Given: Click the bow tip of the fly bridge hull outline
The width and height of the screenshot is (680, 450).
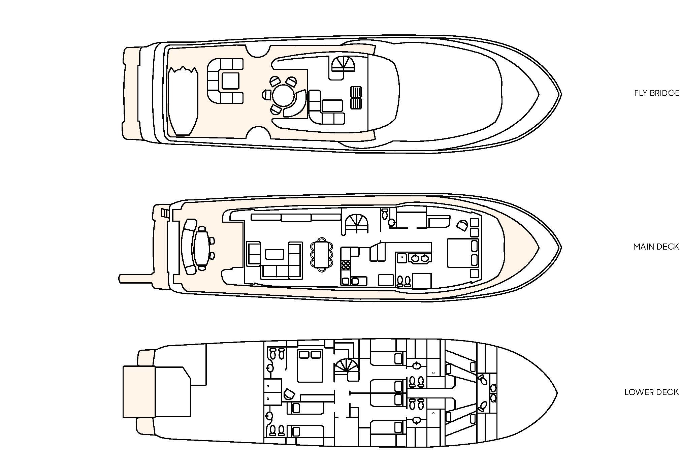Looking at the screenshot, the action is pos(561,94).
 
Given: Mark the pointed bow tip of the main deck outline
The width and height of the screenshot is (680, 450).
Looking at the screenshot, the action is pos(561,248).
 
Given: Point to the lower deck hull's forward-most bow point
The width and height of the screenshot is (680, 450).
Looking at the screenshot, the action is pos(557,393).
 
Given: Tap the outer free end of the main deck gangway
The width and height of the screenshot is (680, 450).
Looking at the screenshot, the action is pos(120,279).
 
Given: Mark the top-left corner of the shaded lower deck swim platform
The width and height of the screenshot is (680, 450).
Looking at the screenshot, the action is pos(123,366).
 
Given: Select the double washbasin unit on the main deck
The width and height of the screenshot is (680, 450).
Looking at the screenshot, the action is pos(420,258).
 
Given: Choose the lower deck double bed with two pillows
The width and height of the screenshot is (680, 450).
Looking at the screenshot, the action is pos(310,366).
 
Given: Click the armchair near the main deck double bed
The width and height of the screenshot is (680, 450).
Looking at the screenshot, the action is pos(462,225).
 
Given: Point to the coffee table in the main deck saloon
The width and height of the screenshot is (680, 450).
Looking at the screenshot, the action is pos(274,254).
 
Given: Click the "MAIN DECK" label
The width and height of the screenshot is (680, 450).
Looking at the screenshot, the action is pos(656,247).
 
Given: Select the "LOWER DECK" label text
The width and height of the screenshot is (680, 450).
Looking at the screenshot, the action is pos(651,392).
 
